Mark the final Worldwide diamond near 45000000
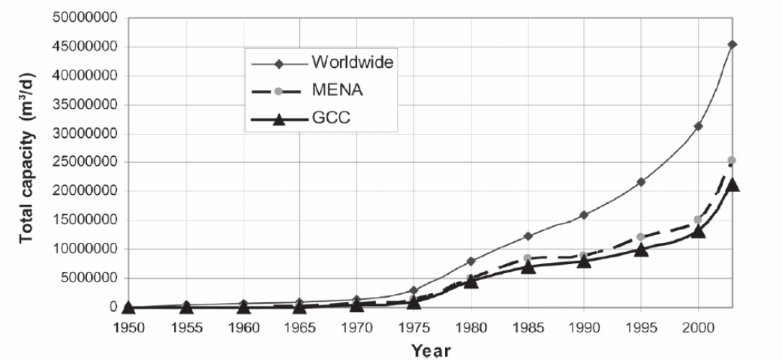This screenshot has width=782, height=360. pos(732,44)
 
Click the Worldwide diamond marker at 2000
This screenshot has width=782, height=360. pos(698,126)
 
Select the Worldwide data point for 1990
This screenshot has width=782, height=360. pos(584,215)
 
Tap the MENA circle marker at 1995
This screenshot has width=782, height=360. pos(641,237)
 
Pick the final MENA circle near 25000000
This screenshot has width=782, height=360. pos(732,160)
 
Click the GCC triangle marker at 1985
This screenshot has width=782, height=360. pos(528,266)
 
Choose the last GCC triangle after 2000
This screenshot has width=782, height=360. pos(732,184)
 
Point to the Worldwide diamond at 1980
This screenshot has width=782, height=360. pos(471,261)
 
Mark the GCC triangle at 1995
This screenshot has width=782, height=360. pos(641,249)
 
